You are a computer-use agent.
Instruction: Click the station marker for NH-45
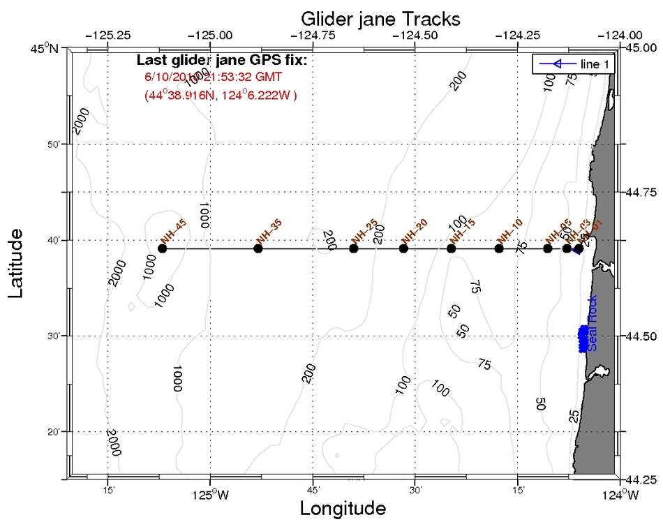click(x=163, y=248)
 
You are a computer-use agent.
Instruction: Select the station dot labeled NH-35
click(x=258, y=248)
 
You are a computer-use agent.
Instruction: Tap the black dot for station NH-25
click(x=355, y=248)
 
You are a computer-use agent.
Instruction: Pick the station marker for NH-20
click(x=403, y=248)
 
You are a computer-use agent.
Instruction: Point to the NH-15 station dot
click(x=452, y=248)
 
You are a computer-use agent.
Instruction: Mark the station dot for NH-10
click(x=499, y=248)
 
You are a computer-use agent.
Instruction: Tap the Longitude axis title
click(x=343, y=508)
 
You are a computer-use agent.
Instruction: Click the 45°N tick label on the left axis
click(x=47, y=48)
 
